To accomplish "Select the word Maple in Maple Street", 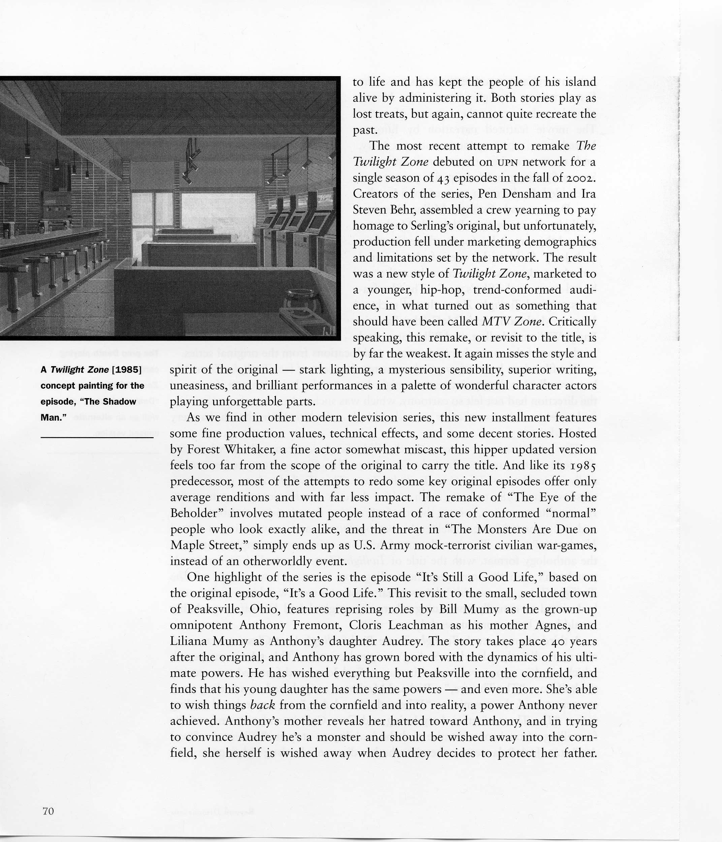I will point(189,545).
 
